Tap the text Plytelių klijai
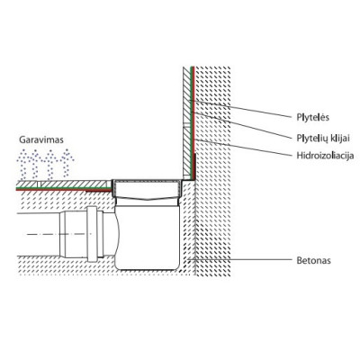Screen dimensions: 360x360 click(324, 137)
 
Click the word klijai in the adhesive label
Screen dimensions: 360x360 click(339, 137)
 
